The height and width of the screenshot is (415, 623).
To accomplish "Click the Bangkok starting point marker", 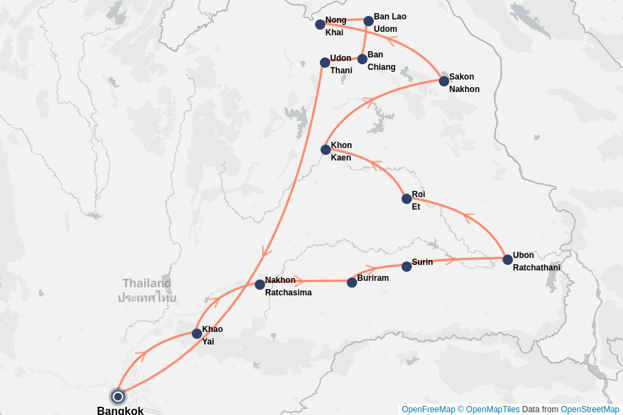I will [118, 396].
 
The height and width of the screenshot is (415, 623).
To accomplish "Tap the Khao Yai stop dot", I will [197, 333].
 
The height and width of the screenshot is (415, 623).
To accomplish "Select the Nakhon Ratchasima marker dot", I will [260, 284].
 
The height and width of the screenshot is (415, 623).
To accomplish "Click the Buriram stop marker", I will [352, 282].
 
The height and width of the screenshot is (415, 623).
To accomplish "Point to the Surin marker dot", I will [406, 266].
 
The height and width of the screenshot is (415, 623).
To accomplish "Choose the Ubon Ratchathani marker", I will [507, 259].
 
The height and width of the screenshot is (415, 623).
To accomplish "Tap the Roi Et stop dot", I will [406, 199].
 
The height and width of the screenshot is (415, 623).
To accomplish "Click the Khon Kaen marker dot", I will [325, 149].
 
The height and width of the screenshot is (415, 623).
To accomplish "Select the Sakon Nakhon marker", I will [444, 81].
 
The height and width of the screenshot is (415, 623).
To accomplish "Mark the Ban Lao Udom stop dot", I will [368, 21].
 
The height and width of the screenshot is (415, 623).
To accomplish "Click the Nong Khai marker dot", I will [320, 24].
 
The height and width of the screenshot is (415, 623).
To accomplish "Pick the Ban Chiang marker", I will [362, 59].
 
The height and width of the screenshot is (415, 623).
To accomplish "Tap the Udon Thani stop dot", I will [325, 62].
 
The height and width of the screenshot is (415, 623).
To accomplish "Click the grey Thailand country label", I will [147, 283].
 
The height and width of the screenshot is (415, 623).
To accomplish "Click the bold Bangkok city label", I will [120, 411].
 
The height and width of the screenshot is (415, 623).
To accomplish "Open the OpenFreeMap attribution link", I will [428, 409].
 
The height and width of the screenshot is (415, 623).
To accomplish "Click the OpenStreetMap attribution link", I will [590, 409].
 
